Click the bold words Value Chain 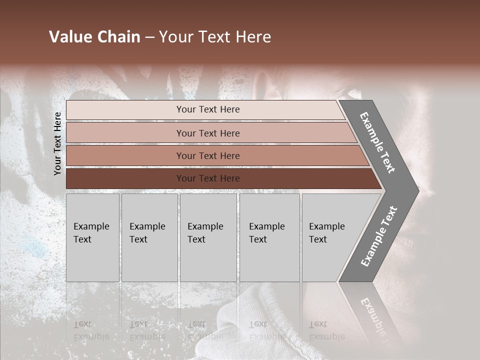[x=94, y=37]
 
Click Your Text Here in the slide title [x=215, y=37]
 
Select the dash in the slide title [x=149, y=37]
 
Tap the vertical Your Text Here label [x=57, y=143]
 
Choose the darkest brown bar [x=125, y=178]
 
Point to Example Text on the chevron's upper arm [x=377, y=142]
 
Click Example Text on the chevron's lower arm [x=379, y=236]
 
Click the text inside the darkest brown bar [x=208, y=178]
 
